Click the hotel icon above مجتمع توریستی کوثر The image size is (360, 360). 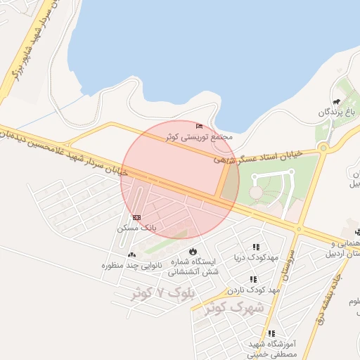click(200, 126)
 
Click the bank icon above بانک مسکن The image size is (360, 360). click(136, 217)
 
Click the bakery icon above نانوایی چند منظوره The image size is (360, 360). click(131, 255)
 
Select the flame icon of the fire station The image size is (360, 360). click(193, 252)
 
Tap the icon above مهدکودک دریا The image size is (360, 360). click(256, 247)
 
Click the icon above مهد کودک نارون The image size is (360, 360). click(253, 279)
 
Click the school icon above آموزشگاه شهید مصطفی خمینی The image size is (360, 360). click(271, 334)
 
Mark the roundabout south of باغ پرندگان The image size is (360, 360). click(323, 148)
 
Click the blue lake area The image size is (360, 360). click(211, 49)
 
